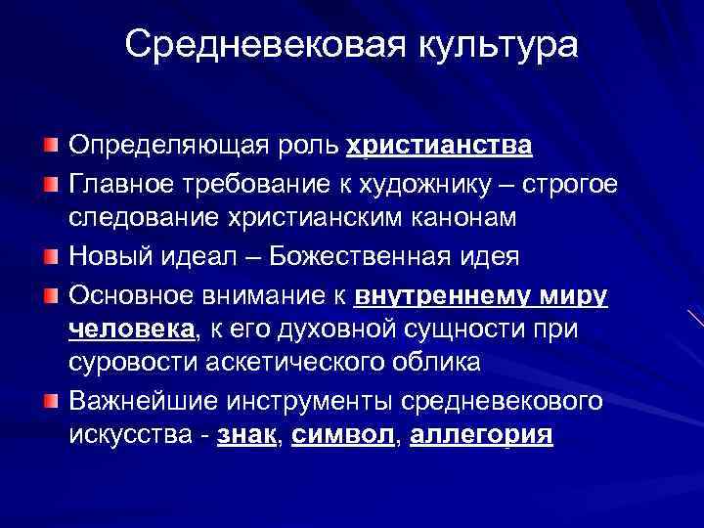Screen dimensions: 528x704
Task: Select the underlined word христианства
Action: coord(439,147)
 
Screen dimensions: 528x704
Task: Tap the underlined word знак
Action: coord(244,436)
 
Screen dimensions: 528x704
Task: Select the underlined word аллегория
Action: coord(482,436)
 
